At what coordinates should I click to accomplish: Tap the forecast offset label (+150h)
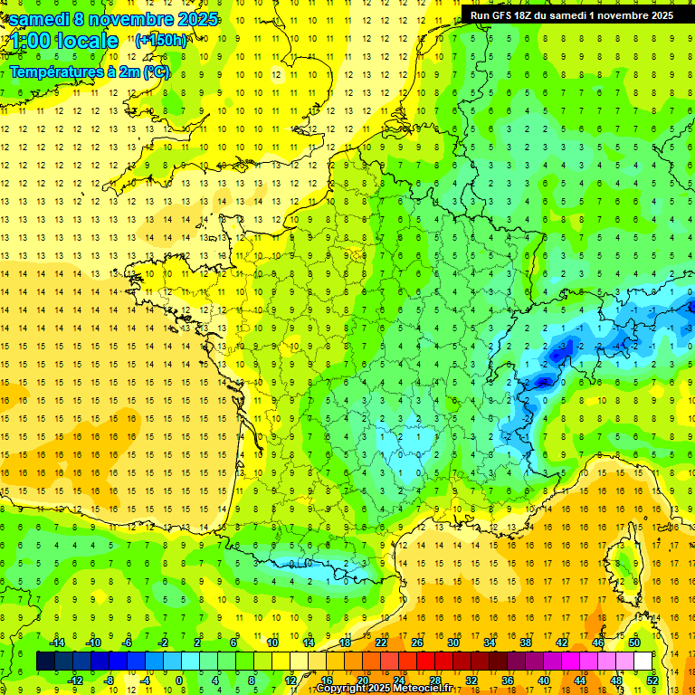click(x=161, y=40)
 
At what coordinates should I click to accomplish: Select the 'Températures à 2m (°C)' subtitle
click(x=89, y=71)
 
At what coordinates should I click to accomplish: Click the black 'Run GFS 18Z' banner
click(x=571, y=14)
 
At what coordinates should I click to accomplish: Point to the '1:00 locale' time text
click(x=64, y=41)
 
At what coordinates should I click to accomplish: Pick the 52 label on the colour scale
click(x=652, y=681)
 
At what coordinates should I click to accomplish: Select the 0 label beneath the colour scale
click(x=179, y=681)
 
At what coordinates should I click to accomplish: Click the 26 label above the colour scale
click(x=417, y=642)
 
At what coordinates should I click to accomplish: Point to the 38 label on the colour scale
click(x=526, y=642)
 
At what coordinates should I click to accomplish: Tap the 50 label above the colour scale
click(x=634, y=642)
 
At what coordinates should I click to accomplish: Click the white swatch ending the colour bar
click(x=643, y=661)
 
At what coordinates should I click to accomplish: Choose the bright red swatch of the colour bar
click(x=425, y=661)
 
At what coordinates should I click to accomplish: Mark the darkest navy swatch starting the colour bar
click(x=45, y=661)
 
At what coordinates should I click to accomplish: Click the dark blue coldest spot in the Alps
click(x=543, y=382)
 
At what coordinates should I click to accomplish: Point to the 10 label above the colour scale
click(x=271, y=642)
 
